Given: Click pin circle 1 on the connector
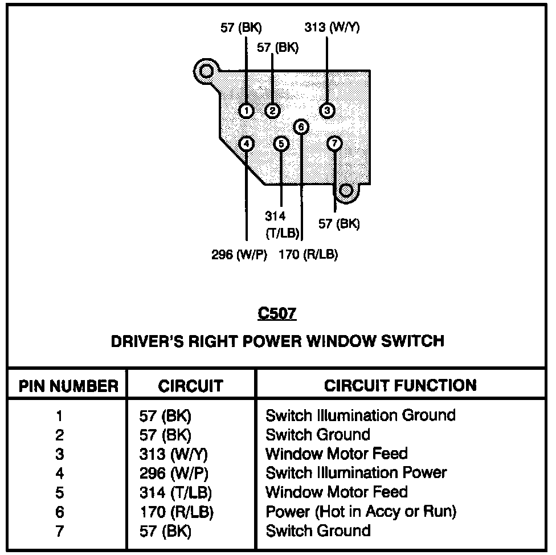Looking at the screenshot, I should point(246,110).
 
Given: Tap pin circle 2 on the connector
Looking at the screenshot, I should point(273,110).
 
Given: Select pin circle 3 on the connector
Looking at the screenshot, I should point(327,110).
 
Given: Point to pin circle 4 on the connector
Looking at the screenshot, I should point(246,144).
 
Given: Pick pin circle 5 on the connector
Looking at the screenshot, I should point(281,144).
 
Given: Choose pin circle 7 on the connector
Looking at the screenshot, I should point(335,144).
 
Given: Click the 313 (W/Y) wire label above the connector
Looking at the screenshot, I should point(332,27).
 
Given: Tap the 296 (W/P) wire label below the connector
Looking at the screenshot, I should point(239,255).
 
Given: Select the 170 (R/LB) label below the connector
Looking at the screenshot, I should point(308,255).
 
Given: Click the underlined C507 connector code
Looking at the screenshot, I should point(277,313).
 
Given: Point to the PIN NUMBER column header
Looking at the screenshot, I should point(68,386).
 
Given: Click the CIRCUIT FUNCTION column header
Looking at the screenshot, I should point(400,385).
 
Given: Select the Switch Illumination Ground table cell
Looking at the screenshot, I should point(361,415).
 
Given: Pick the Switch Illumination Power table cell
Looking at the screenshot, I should point(356,472).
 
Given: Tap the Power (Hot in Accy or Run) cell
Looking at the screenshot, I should point(361,511).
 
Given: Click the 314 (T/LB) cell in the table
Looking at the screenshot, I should point(171,492).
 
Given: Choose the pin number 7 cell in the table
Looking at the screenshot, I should point(60,531).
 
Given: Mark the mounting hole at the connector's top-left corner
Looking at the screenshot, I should point(205,71).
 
